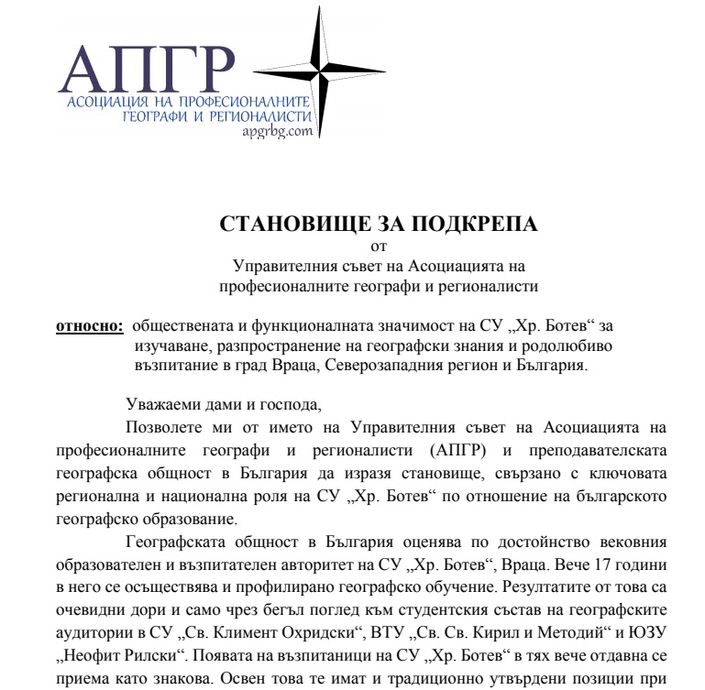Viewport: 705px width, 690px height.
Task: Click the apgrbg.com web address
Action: coord(278,131)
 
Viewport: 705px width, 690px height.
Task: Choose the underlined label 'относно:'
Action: coord(90,325)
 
